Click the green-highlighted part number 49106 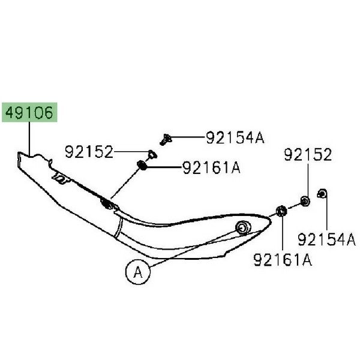coord(30,112)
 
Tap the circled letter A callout coord(137,272)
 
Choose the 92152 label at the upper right coord(307,156)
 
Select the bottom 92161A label coord(283,260)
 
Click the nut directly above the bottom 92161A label coord(281,211)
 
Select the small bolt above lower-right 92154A coord(322,193)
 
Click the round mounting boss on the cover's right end coord(242,227)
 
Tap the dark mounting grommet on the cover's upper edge coord(108,204)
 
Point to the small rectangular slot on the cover coord(61,178)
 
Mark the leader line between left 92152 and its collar coord(130,152)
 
